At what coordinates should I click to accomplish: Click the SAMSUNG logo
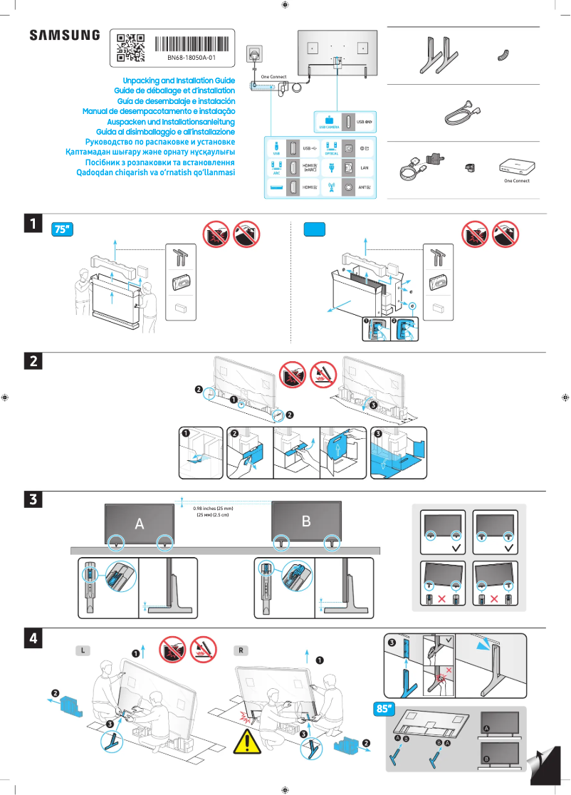(64, 35)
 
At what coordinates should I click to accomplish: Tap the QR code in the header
(130, 47)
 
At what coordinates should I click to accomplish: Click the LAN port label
(364, 168)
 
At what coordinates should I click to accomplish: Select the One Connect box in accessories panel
(516, 165)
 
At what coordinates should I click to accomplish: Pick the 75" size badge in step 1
(63, 229)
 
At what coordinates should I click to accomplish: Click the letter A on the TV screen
(140, 524)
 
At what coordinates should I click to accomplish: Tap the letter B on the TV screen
(306, 521)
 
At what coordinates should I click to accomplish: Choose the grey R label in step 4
(242, 650)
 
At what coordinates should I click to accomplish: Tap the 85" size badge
(384, 709)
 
